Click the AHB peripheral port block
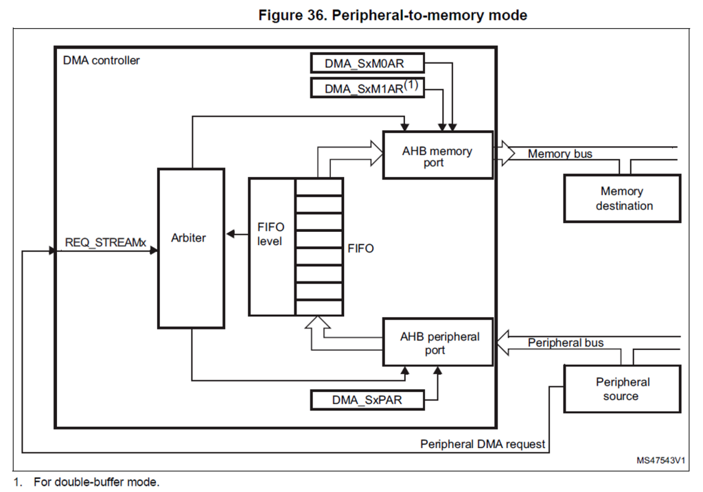click(x=437, y=342)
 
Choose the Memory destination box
click(x=621, y=198)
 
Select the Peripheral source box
click(x=621, y=389)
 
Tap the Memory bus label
click(x=560, y=154)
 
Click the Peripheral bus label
click(x=566, y=342)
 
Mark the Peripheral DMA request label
click(x=483, y=444)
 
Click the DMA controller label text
click(x=101, y=60)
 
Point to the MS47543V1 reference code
click(x=661, y=460)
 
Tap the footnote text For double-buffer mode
click(x=97, y=482)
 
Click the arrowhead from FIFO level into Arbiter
click(x=230, y=235)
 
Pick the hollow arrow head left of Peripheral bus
click(x=504, y=341)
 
